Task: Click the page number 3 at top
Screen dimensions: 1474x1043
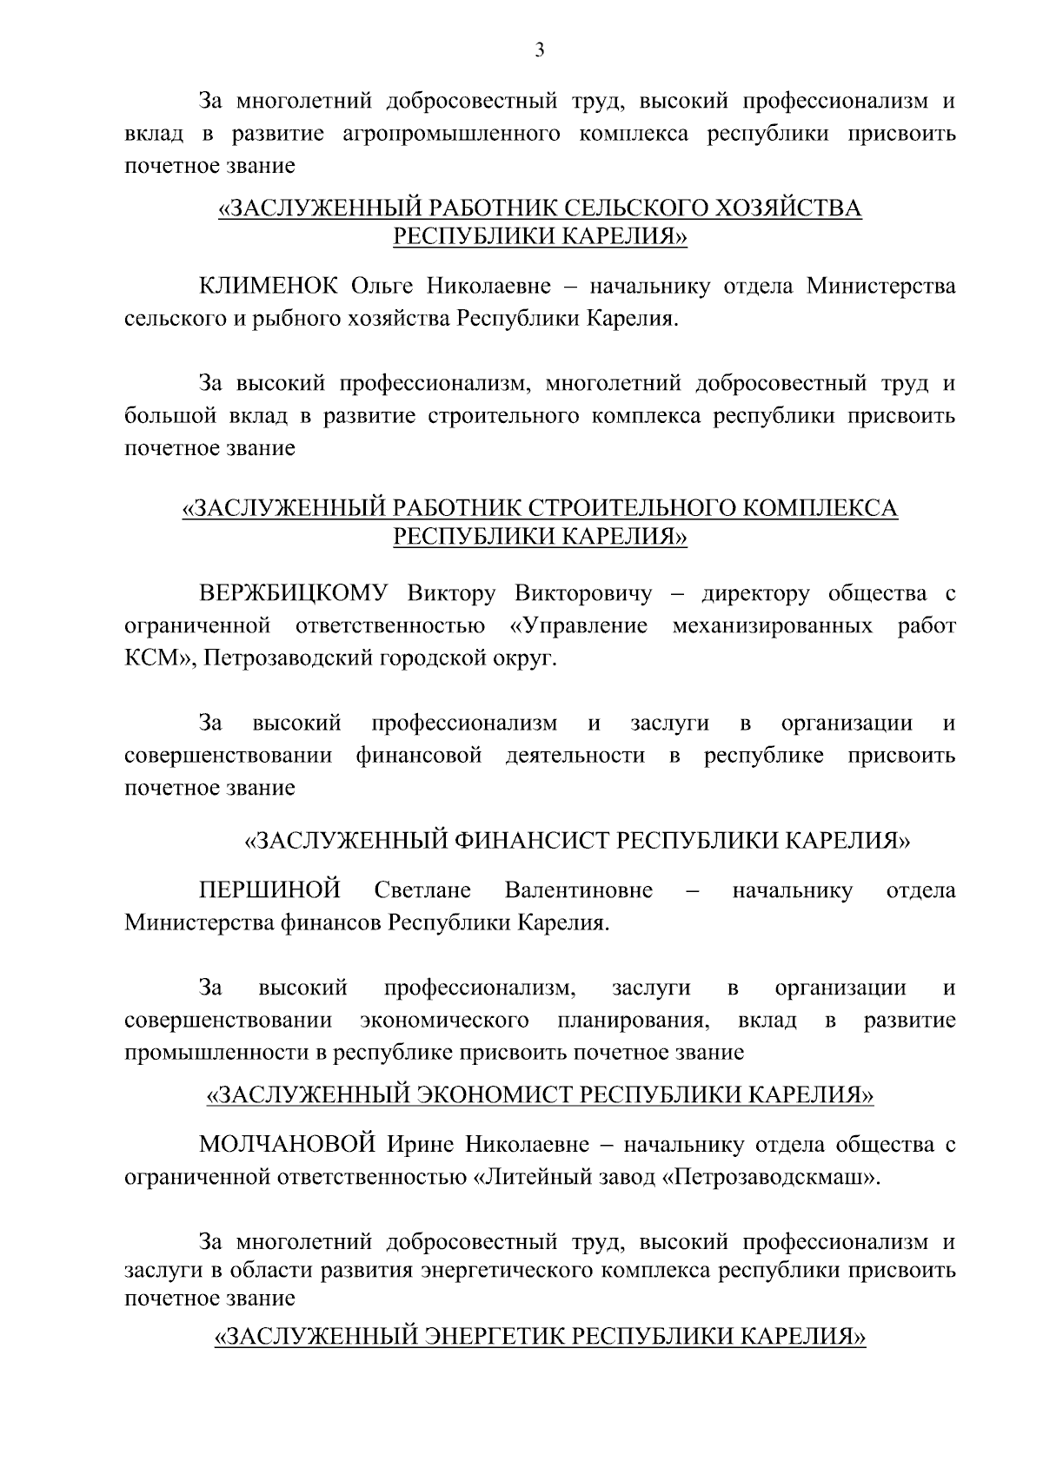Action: tap(539, 51)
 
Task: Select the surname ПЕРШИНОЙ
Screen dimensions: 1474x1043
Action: tap(270, 890)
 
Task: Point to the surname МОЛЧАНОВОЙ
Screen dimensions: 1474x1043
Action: tap(287, 1145)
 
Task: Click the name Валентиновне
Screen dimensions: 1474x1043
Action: tap(578, 890)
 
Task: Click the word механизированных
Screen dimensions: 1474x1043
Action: tap(773, 626)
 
